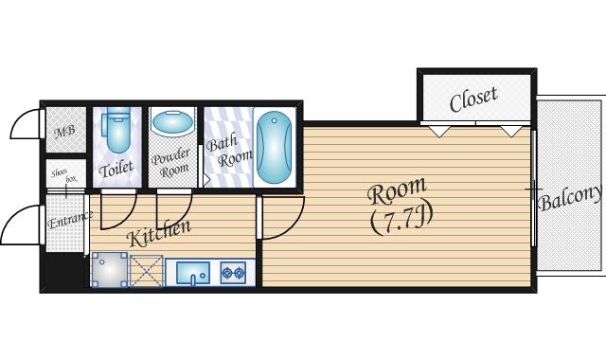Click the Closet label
(473, 99)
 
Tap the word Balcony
(570, 197)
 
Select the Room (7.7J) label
(400, 207)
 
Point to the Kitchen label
(159, 233)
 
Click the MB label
(64, 132)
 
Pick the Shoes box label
(64, 176)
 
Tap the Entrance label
(70, 220)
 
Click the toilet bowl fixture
(116, 130)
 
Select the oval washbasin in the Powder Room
(172, 121)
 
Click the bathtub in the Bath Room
(274, 147)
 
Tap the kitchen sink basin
(193, 273)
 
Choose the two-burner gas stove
(233, 273)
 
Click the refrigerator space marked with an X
(147, 271)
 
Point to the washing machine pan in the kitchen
(110, 269)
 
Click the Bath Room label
(229, 151)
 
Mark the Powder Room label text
(171, 163)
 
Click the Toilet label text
(116, 169)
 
